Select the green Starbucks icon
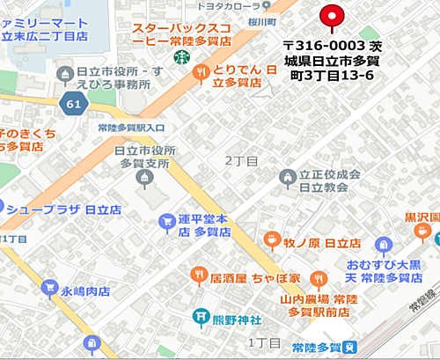tap(180, 56)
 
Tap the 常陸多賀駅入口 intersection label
tap(128, 129)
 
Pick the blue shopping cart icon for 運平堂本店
tap(164, 221)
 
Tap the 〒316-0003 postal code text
tap(319, 44)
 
